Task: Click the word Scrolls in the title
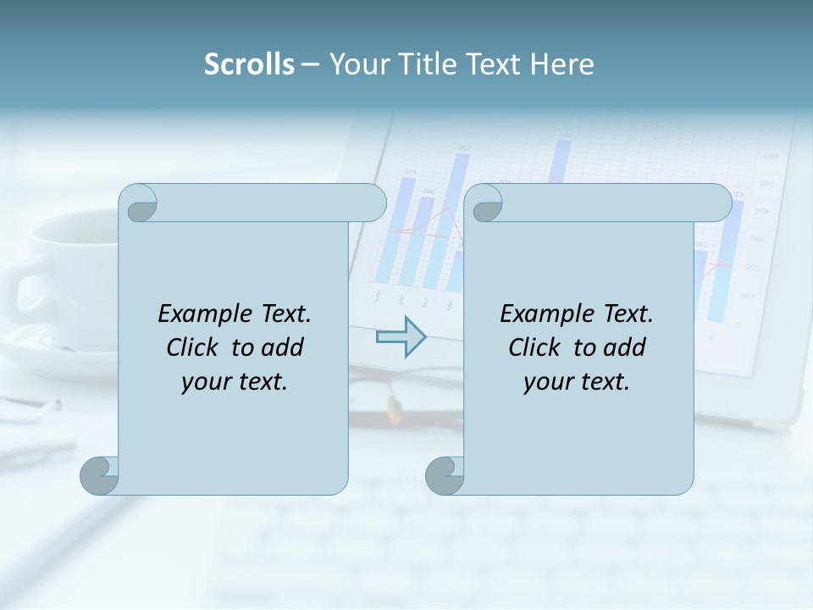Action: click(x=249, y=64)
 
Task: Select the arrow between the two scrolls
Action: click(x=401, y=336)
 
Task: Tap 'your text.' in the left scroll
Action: click(x=235, y=381)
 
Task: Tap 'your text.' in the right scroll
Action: click(x=577, y=381)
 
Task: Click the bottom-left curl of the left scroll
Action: click(x=98, y=475)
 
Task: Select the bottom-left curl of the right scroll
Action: click(x=444, y=475)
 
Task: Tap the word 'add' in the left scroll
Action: click(x=282, y=347)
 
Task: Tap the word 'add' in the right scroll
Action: click(x=624, y=347)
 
